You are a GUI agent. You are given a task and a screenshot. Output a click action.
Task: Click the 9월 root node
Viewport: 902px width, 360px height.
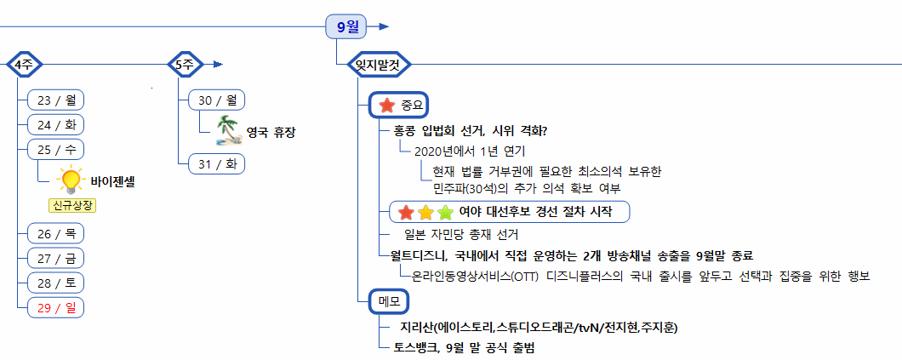tap(347, 26)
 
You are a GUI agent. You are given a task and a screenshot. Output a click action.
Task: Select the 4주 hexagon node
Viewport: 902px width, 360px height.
tap(24, 64)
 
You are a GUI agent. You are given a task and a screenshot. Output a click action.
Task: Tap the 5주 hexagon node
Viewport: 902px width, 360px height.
tap(184, 64)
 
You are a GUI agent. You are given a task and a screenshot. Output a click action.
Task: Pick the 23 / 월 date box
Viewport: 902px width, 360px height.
tap(55, 100)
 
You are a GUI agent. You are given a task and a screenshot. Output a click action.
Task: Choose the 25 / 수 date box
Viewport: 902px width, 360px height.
tap(55, 149)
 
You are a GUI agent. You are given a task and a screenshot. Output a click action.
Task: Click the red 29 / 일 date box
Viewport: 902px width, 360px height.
tap(55, 306)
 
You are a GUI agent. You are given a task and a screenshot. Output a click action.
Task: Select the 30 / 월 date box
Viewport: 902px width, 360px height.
tap(216, 100)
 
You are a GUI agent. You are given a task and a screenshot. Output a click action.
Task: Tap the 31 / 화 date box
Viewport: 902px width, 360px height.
tap(216, 163)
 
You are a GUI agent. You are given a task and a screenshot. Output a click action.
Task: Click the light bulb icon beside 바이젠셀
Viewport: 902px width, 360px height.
tap(69, 180)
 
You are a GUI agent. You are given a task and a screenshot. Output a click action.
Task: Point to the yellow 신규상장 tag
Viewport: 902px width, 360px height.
tap(71, 205)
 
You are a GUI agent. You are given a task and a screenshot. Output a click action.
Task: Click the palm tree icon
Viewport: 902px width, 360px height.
tap(227, 130)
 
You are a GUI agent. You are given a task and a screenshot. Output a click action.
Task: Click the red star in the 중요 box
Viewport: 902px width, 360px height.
tap(386, 106)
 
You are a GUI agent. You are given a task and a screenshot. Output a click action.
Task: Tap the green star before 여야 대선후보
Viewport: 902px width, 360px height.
tap(444, 212)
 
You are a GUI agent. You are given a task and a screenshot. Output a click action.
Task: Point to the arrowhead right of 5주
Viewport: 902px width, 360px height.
tap(218, 64)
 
